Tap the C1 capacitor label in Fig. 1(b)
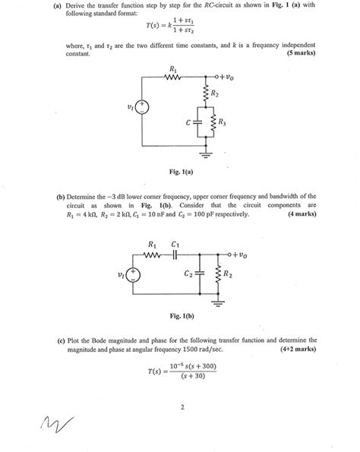click(x=176, y=245)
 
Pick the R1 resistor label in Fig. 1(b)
click(x=151, y=245)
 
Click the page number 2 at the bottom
click(x=183, y=406)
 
